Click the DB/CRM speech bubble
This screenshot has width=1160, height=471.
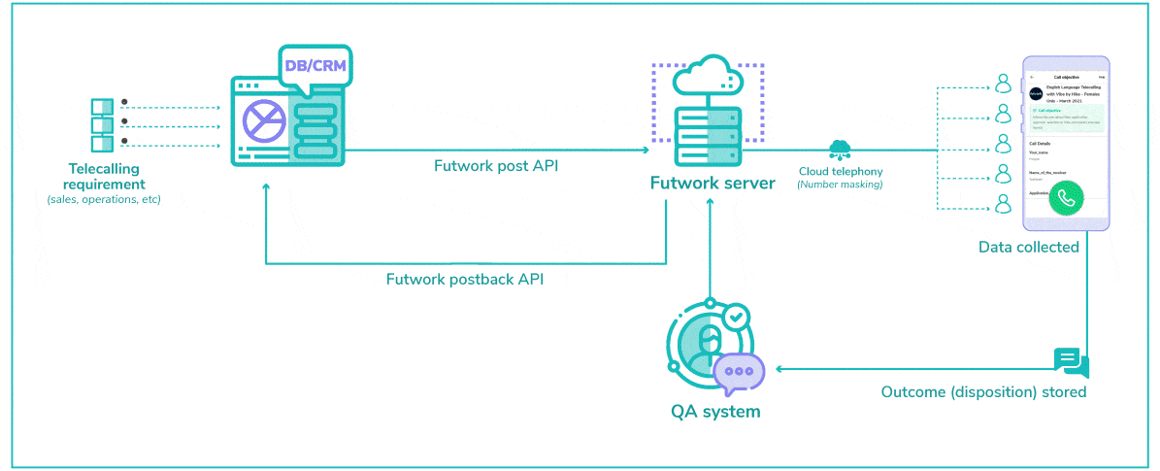[315, 66]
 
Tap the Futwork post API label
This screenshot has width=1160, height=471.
[495, 166]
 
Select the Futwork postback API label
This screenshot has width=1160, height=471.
[465, 280]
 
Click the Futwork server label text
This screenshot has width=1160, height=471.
[712, 183]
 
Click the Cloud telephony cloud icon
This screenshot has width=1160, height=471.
[839, 149]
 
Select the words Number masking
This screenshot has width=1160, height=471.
[840, 184]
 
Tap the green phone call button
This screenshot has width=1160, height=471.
[1067, 198]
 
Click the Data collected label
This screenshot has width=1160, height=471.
[1028, 248]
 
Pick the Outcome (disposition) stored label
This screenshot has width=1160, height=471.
[982, 392]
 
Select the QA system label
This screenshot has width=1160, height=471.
[715, 411]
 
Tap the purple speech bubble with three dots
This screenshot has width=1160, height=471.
[739, 372]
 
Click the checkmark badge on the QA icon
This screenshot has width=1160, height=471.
[737, 317]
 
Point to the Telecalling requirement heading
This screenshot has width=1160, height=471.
[107, 176]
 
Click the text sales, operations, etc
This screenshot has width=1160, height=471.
[104, 200]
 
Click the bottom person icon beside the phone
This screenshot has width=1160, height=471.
[1003, 204]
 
